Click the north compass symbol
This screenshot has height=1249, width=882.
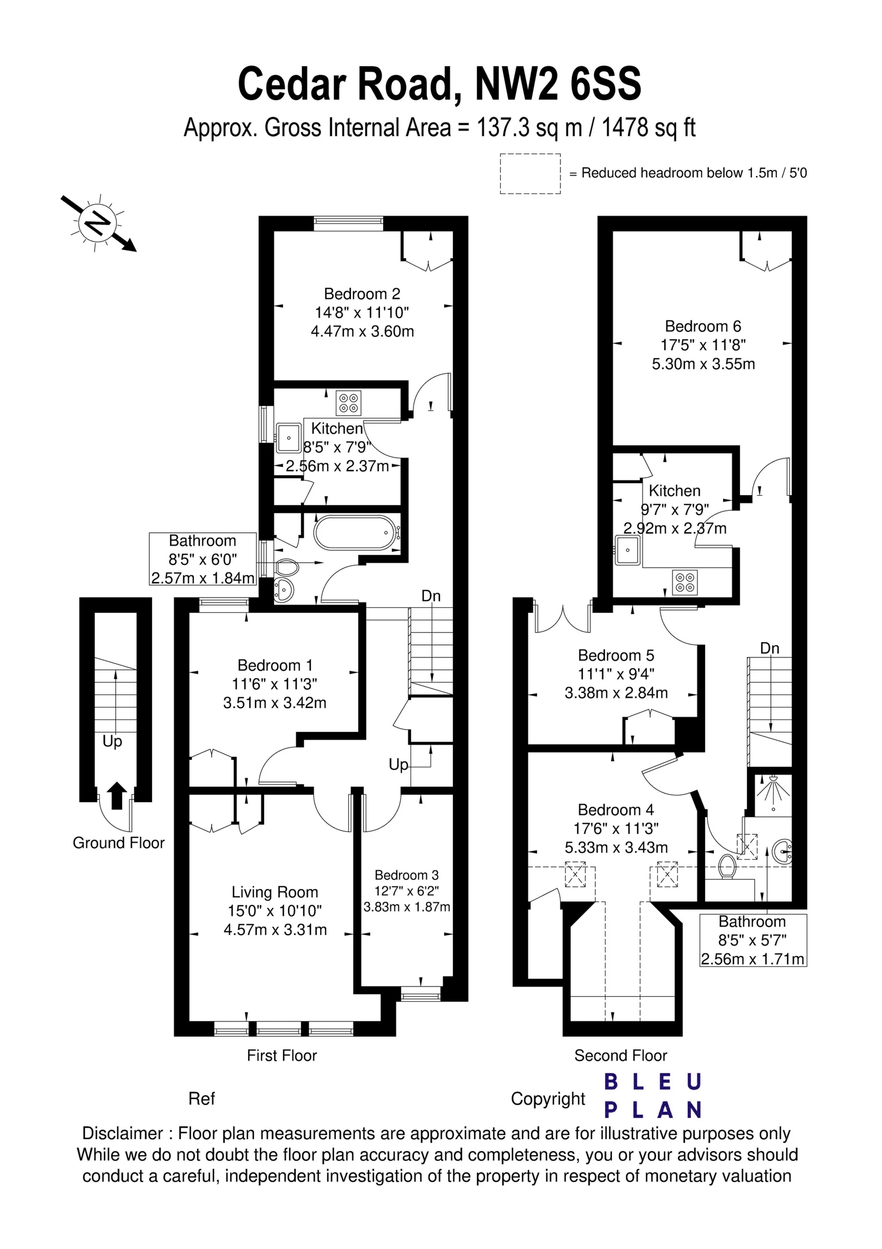pos(98,223)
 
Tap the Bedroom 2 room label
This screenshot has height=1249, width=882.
pos(362,294)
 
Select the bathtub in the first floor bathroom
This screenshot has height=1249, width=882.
pos(356,533)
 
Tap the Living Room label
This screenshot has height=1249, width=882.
pos(275,892)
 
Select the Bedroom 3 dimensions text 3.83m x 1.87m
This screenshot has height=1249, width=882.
pos(407,907)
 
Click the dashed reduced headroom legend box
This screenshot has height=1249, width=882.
pos(530,173)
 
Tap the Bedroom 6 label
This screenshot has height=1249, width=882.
pos(703,326)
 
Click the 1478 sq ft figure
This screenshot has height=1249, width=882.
pos(649,128)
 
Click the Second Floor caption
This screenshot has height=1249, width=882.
pos(621,1055)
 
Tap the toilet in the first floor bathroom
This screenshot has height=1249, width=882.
pos(288,568)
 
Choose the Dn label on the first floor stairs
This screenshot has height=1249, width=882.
pos(431,596)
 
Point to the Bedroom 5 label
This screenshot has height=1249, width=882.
pos(616,655)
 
